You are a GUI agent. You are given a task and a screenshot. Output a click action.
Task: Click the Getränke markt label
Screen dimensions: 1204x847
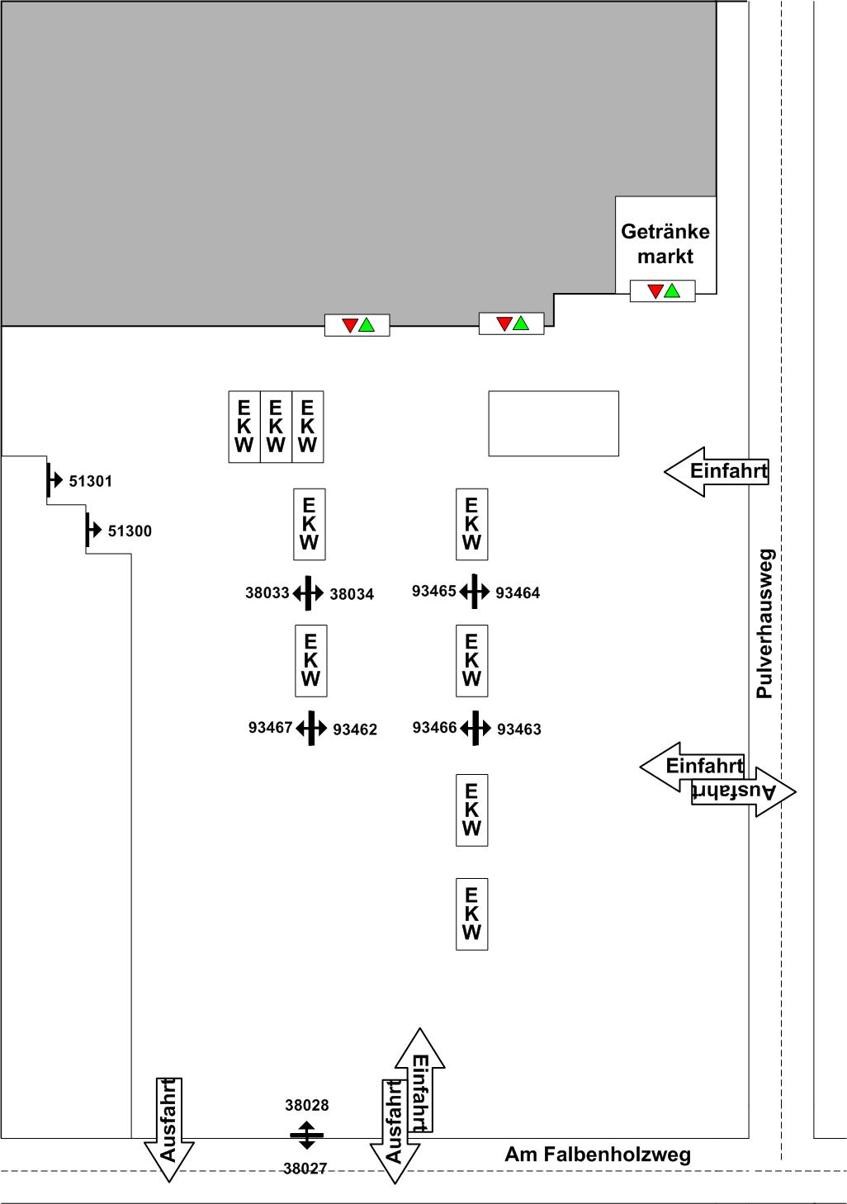[x=665, y=243]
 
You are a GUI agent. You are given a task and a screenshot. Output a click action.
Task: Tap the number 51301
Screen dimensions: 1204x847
[x=90, y=481]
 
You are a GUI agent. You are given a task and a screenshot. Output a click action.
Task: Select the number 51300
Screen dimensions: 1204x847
[x=130, y=531]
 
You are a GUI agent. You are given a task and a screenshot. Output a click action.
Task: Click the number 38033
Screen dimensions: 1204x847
[x=267, y=593]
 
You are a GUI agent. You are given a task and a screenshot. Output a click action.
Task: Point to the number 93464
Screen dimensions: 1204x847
[x=518, y=593]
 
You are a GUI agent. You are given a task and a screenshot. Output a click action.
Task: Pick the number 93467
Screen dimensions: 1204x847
[x=270, y=727]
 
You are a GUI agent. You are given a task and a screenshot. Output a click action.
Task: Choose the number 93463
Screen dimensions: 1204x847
[x=518, y=729]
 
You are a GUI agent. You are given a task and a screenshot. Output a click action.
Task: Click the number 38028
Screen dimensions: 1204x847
[x=306, y=1105]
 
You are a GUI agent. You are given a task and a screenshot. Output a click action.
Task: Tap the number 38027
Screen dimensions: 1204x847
[x=305, y=1169]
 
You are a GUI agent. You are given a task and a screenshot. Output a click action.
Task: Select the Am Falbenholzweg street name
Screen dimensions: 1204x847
[x=598, y=1154]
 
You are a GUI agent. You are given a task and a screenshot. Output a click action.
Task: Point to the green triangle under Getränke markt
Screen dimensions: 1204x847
[x=672, y=290]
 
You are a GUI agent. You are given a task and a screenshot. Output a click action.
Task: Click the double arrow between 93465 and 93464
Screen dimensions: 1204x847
[x=474, y=591]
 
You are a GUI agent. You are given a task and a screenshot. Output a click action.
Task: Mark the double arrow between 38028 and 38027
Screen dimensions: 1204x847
[x=306, y=1136]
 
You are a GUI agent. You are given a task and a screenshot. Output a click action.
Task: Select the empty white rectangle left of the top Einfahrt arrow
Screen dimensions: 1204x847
[x=553, y=423]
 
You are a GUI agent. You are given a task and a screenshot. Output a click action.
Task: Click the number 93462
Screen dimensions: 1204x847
[x=354, y=729]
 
